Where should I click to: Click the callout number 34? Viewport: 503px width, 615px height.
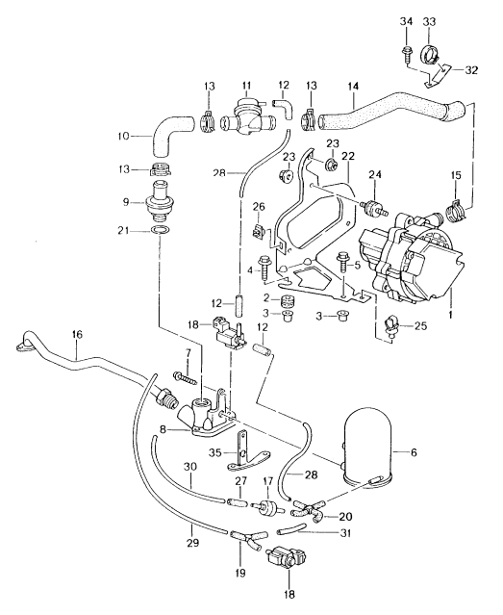tap(407, 21)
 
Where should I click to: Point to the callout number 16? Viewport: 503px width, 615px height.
tap(77, 334)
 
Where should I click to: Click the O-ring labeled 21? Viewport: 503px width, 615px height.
tap(161, 229)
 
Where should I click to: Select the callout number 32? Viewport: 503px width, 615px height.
tap(471, 70)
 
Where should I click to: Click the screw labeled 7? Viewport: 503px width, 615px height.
tap(184, 377)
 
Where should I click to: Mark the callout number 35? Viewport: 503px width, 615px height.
tap(215, 453)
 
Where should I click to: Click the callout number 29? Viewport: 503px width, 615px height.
tap(193, 543)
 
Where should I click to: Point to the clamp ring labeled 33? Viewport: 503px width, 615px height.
tap(430, 54)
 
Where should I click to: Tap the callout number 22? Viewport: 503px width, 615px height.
tap(348, 156)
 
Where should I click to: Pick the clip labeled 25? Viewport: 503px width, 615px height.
tap(391, 324)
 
